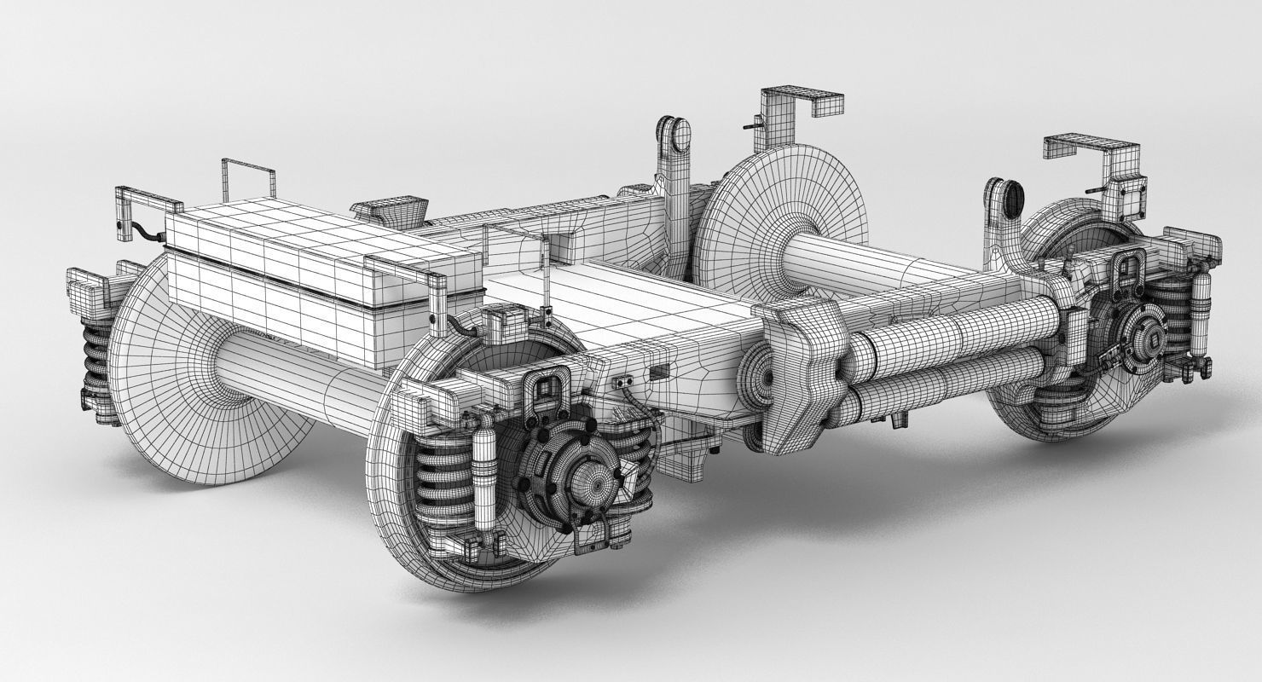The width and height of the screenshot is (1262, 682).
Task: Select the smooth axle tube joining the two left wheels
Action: pyautogui.click(x=298, y=375)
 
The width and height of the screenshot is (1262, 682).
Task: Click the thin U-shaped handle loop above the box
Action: pyautogui.click(x=248, y=175)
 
